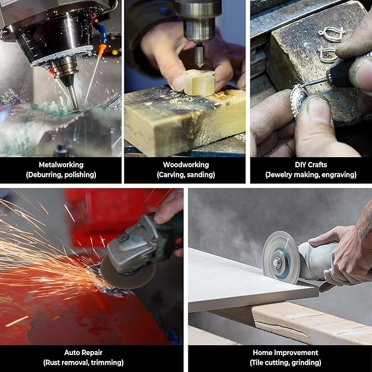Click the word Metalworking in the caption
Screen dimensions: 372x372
click(x=61, y=165)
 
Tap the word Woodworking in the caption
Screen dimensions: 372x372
click(x=186, y=165)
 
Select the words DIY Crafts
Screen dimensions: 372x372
click(x=311, y=165)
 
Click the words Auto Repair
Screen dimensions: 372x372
click(x=83, y=352)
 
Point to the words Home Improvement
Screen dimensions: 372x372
click(x=285, y=352)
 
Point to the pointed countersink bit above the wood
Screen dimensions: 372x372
click(x=199, y=55)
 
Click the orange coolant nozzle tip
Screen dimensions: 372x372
click(x=101, y=50)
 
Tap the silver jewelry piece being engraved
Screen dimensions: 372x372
click(x=298, y=100)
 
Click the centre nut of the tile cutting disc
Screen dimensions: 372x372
click(x=276, y=262)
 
